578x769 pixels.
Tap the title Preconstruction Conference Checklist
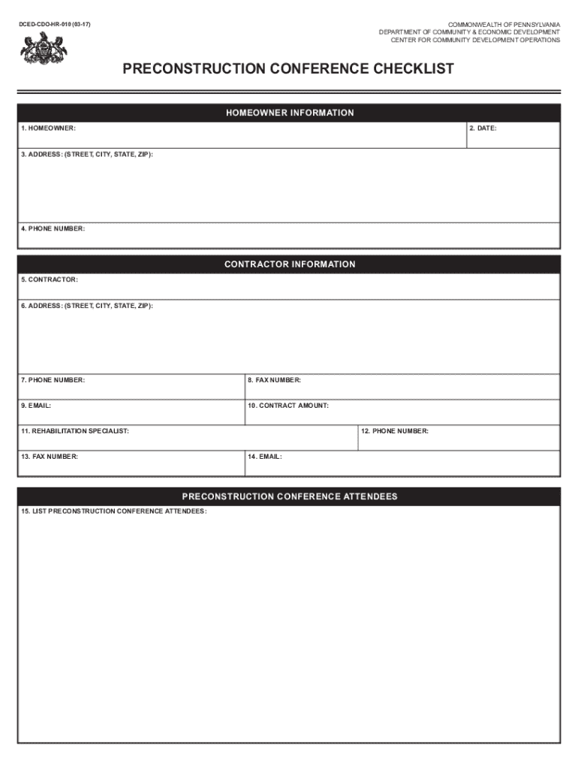[x=288, y=70]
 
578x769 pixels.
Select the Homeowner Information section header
[x=289, y=113]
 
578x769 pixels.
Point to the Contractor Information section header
[x=289, y=264]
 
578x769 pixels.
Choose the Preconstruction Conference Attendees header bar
[x=289, y=496]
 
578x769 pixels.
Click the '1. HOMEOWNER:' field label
[x=48, y=128]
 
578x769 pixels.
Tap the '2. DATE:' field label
[x=483, y=128]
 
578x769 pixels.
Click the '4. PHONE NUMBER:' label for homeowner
[x=53, y=228]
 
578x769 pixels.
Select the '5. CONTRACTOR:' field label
[x=50, y=279]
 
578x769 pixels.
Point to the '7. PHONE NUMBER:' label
[x=53, y=380]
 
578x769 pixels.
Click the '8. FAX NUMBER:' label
[x=275, y=380]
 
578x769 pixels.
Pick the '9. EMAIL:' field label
[x=36, y=406]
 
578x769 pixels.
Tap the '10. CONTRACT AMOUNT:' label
[x=288, y=406]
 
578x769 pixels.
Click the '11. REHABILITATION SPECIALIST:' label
[x=75, y=431]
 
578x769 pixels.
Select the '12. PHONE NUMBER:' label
[x=395, y=431]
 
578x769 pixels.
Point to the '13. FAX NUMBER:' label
[x=50, y=456]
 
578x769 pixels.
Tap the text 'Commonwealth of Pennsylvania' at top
[x=504, y=25]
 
